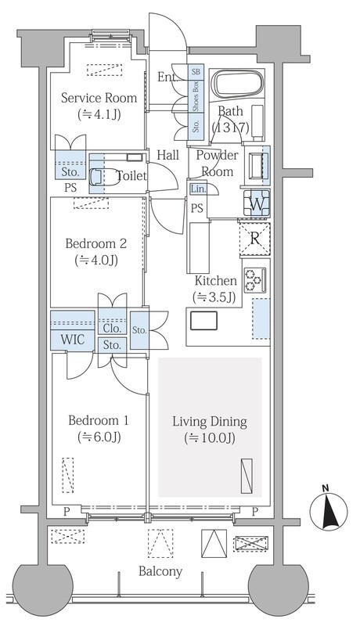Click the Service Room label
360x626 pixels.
(x=99, y=98)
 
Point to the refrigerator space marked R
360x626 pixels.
(x=254, y=239)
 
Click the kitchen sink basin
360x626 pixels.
(x=203, y=321)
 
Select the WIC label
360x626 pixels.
(x=73, y=340)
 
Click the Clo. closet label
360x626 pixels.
(x=112, y=328)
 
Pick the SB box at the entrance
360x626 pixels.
(x=196, y=72)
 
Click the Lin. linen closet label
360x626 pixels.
(x=198, y=189)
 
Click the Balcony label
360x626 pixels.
(x=160, y=571)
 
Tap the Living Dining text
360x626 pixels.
(x=210, y=422)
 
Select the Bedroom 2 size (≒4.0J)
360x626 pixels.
(x=96, y=261)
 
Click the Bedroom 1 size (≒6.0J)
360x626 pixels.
(x=99, y=437)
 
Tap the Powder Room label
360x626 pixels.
(x=217, y=163)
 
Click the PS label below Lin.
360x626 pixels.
(x=196, y=208)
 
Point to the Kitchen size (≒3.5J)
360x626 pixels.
(x=214, y=297)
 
